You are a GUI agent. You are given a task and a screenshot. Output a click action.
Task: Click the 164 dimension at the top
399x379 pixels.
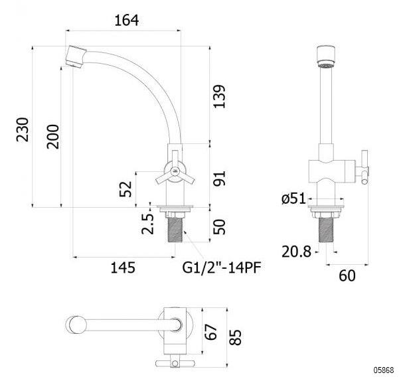[x=126, y=21]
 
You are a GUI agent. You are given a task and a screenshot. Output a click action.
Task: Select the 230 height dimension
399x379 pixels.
[x=23, y=129]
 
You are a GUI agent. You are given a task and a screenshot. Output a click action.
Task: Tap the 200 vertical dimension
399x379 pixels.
[x=52, y=137]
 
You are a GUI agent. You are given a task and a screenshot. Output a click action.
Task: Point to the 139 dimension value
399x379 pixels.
[x=219, y=97]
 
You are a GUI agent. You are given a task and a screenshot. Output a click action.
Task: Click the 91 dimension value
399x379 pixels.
[x=219, y=179]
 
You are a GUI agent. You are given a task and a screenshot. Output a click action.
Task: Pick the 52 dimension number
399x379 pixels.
[x=125, y=189]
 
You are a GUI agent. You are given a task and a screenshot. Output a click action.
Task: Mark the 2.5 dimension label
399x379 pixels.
[x=147, y=224]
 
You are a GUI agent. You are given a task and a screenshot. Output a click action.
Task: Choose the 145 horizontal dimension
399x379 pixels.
[x=123, y=267]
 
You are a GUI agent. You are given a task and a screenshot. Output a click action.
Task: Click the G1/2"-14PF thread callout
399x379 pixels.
[x=222, y=267]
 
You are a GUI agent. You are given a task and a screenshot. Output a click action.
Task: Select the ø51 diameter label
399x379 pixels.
[x=293, y=198]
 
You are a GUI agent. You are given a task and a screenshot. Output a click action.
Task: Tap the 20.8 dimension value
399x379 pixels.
[x=296, y=252]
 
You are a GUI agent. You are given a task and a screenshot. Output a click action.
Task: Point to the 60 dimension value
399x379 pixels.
[x=347, y=275]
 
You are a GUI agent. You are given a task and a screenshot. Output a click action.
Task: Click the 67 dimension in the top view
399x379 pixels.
[x=211, y=332]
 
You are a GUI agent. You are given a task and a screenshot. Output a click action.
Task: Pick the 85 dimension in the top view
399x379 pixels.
[x=235, y=337]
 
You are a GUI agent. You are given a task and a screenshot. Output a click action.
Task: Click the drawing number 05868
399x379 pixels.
[x=384, y=370]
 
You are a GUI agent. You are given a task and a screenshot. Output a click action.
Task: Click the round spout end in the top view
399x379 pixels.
[x=76, y=325]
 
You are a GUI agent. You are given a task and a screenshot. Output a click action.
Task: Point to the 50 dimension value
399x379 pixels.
[x=219, y=227]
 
